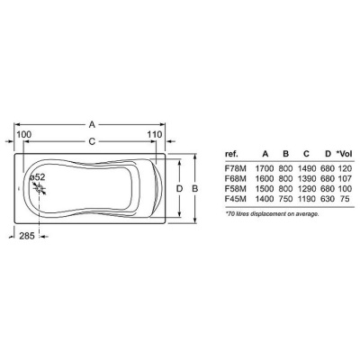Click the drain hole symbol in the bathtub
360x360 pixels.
[x=40, y=188]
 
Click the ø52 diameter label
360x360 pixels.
[x=37, y=177]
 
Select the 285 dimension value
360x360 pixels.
[x=27, y=236]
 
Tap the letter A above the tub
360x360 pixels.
[x=92, y=124]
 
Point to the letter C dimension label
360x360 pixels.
[x=92, y=141]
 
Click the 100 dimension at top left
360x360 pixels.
[x=23, y=134]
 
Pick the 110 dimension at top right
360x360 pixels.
[x=155, y=134]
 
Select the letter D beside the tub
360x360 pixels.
[x=179, y=189]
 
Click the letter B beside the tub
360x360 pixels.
[x=194, y=189]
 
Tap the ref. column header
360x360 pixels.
[x=231, y=154]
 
